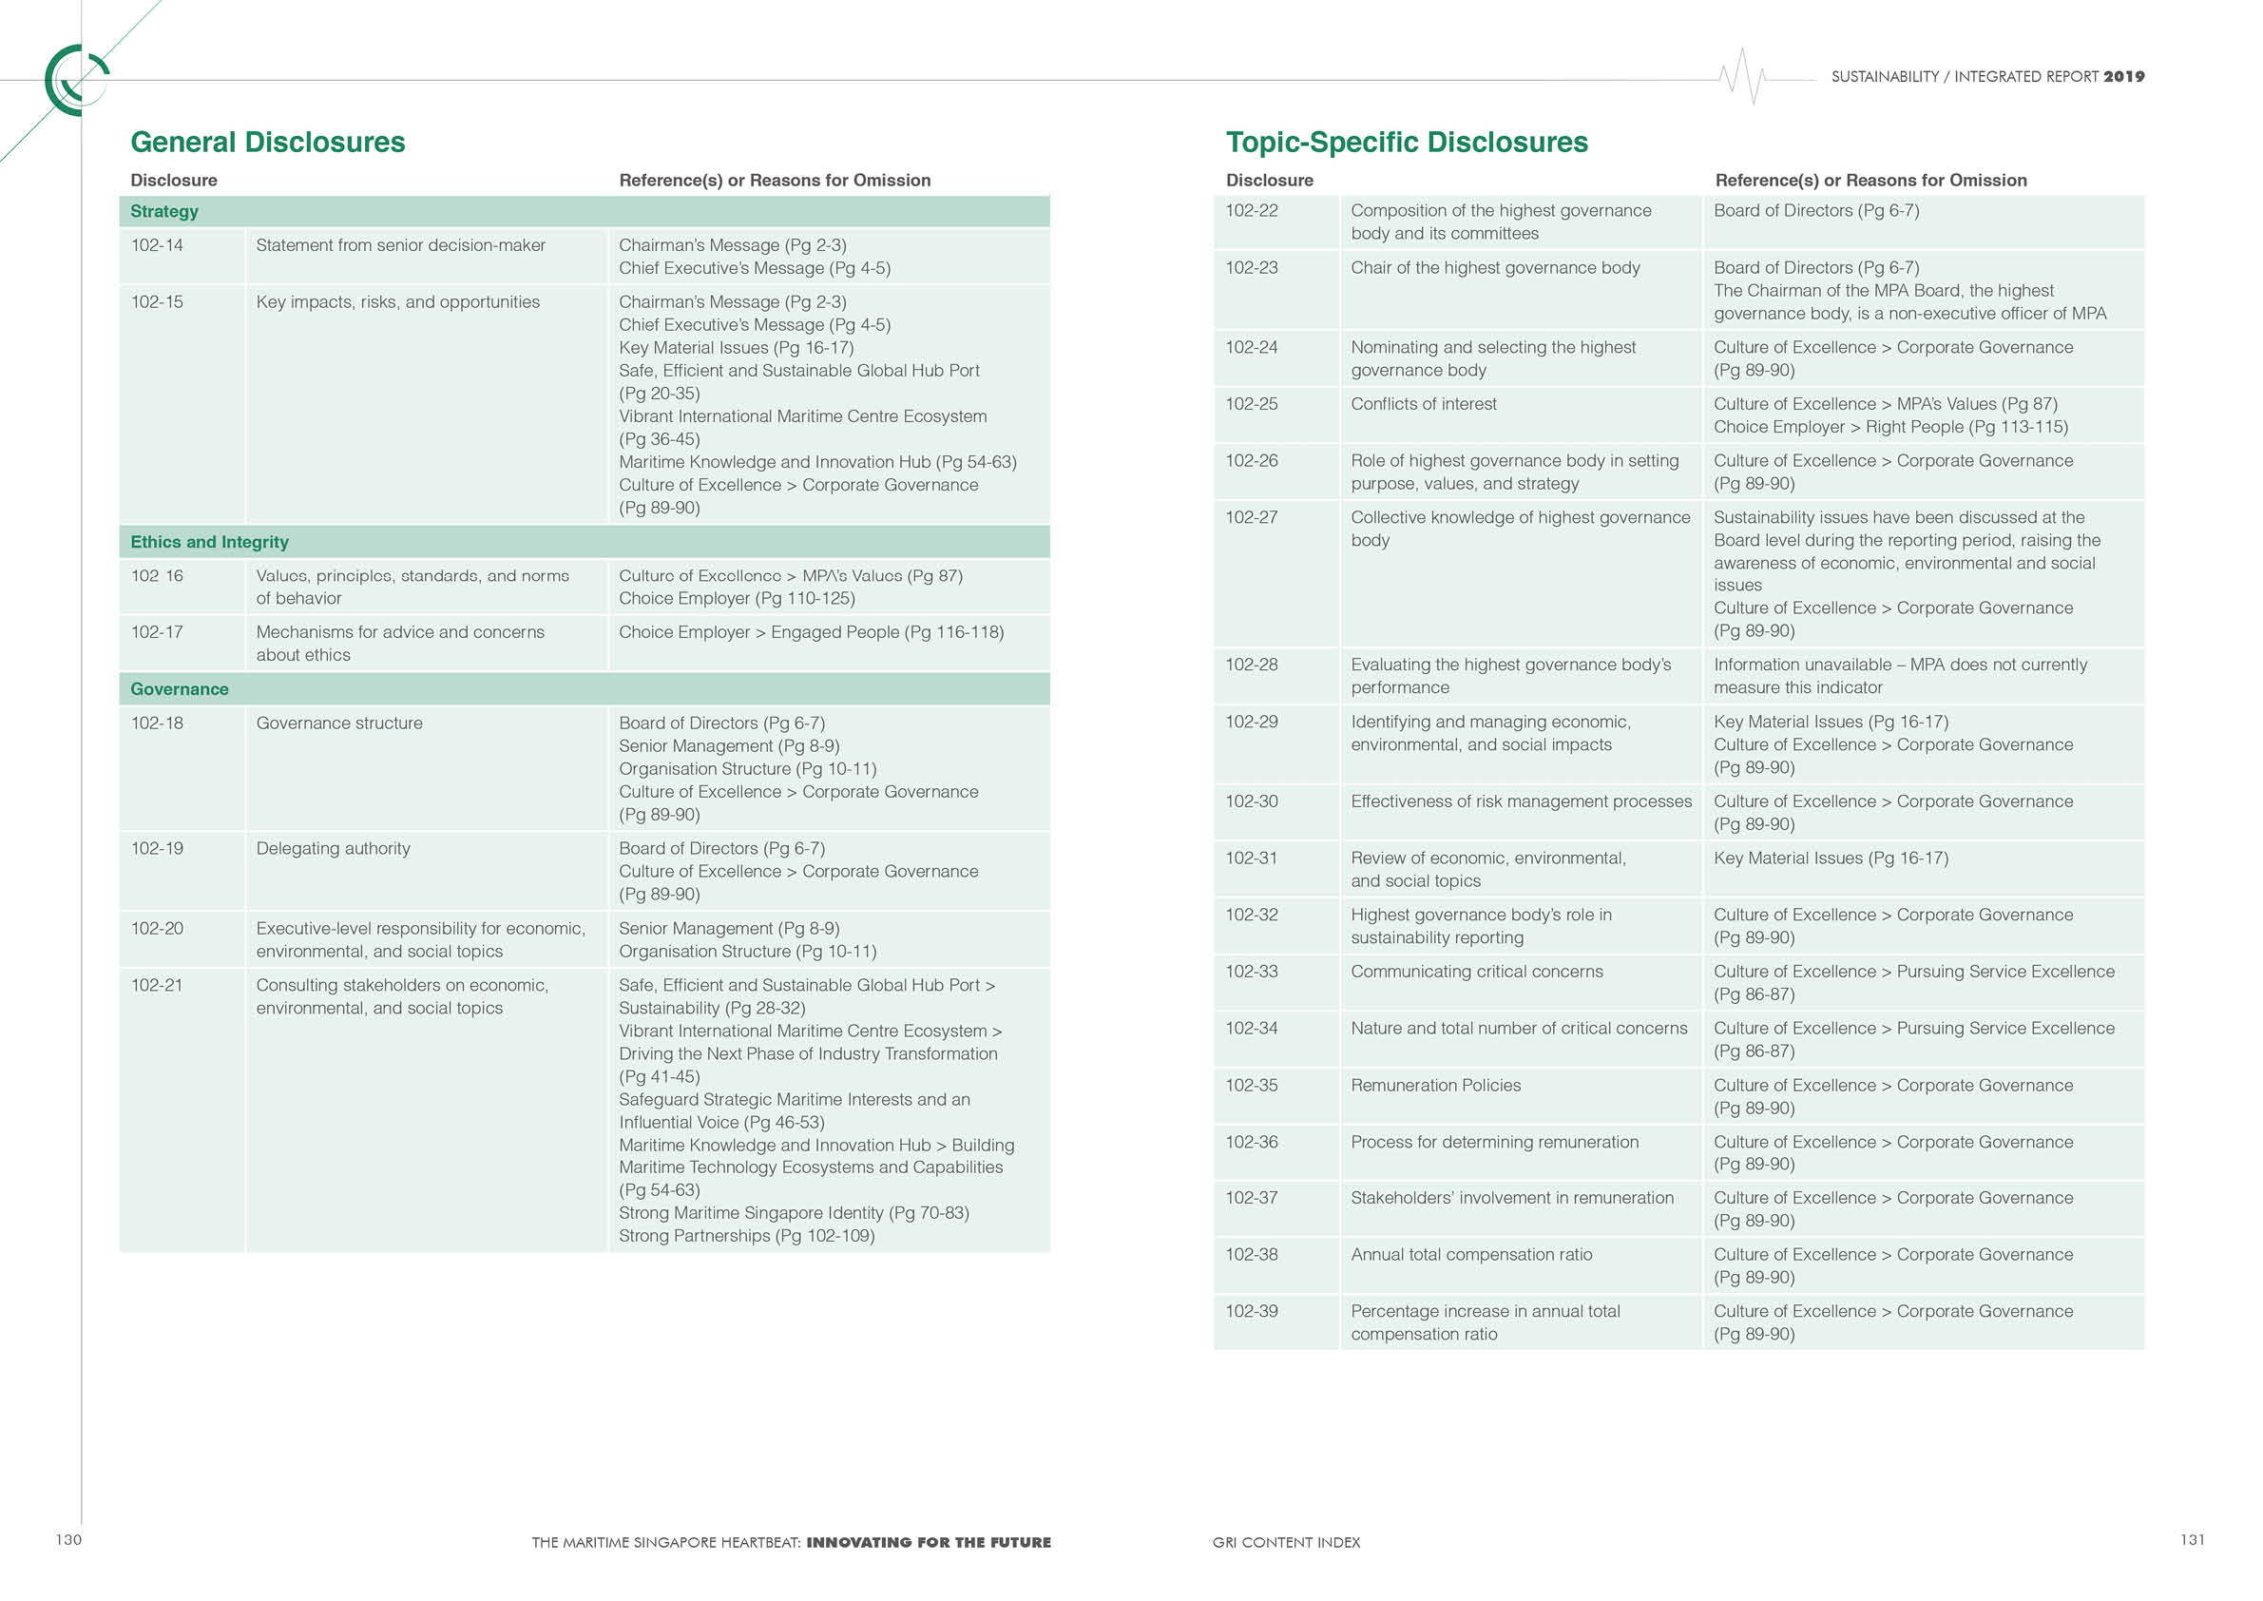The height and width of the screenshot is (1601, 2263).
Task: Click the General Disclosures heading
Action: pos(267,142)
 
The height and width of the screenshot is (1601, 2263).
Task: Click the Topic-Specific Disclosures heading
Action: pos(1406,142)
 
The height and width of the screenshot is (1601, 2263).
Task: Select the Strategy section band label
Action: pos(164,211)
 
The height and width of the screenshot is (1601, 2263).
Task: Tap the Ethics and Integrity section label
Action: pos(209,542)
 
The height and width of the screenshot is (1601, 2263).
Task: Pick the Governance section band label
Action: pos(180,689)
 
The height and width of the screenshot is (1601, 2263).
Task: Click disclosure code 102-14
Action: pos(157,245)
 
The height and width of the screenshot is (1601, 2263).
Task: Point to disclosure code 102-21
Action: pos(157,985)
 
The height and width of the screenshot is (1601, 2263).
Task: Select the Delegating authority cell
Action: pos(334,849)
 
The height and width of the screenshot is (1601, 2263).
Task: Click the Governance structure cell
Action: pos(339,723)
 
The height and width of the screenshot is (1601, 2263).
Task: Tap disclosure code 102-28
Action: pos(1251,665)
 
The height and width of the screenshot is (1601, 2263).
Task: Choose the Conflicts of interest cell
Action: pos(1423,404)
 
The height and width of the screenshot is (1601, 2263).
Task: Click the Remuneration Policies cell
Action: pos(1435,1086)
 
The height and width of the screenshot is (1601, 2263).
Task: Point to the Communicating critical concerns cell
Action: pos(1476,972)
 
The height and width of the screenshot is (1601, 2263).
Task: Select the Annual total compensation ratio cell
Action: pos(1470,1255)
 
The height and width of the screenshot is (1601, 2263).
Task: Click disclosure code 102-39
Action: pos(1251,1311)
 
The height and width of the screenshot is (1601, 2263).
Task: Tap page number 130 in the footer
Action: pos(68,1540)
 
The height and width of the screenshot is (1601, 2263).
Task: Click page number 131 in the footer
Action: pos(2192,1540)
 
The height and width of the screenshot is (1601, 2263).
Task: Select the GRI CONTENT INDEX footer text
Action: pos(1285,1543)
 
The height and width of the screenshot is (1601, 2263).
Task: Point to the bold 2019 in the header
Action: pos(2123,77)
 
